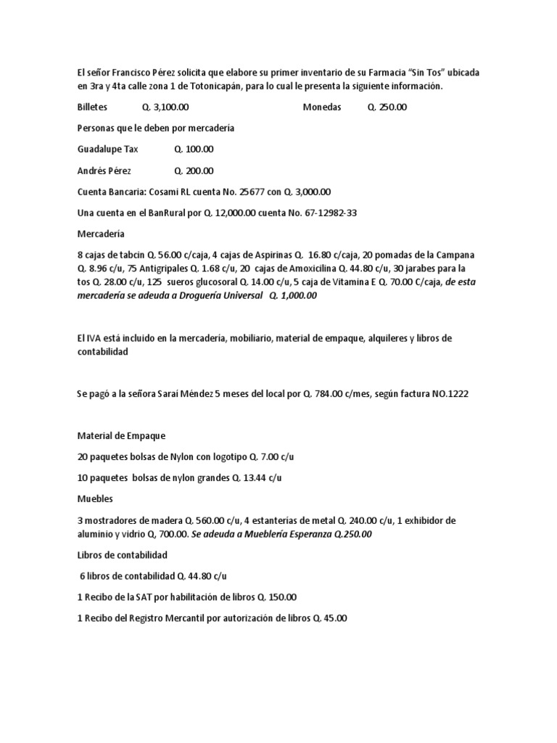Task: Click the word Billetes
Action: [92, 107]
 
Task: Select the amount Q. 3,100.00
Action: [165, 107]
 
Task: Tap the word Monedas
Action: [321, 107]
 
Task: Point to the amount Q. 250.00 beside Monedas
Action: [387, 107]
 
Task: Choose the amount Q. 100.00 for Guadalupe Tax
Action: [194, 149]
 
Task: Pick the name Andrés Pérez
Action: [105, 171]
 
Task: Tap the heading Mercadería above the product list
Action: [101, 234]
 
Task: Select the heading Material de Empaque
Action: [121, 436]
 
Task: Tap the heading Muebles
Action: [95, 499]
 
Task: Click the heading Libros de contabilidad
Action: [122, 555]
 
